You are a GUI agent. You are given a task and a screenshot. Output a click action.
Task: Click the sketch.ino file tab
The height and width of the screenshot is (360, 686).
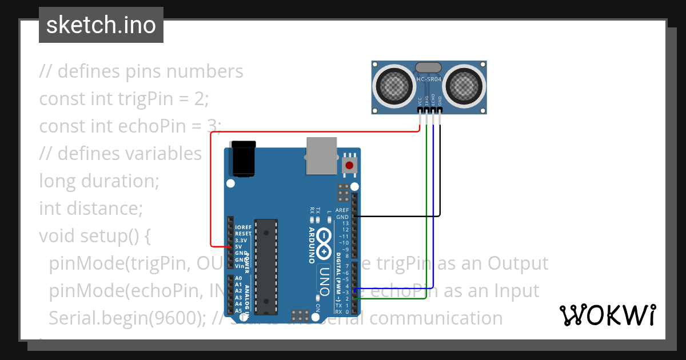(101, 26)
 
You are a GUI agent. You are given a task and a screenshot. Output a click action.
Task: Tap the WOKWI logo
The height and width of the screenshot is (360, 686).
(607, 315)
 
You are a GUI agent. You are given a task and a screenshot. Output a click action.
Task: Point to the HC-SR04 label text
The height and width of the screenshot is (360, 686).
(429, 79)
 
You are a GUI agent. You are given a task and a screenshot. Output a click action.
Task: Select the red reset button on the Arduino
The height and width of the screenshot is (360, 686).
(349, 166)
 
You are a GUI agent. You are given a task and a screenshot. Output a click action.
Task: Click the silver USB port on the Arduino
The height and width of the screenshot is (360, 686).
(322, 155)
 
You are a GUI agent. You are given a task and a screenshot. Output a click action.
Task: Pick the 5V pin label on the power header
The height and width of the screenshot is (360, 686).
(238, 246)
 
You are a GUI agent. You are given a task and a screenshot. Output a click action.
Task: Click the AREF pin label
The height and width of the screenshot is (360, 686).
(342, 210)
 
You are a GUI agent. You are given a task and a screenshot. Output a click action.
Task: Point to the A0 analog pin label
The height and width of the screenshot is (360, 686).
(238, 278)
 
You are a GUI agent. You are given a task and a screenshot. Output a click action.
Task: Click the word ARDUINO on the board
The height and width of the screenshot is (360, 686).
(312, 245)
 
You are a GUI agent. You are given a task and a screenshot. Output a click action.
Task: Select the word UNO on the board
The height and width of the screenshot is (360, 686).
(324, 281)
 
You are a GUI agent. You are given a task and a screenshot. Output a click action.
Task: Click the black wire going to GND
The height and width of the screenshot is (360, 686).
(400, 216)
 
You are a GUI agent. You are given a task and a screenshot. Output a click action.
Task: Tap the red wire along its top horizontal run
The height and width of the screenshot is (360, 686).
(314, 133)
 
